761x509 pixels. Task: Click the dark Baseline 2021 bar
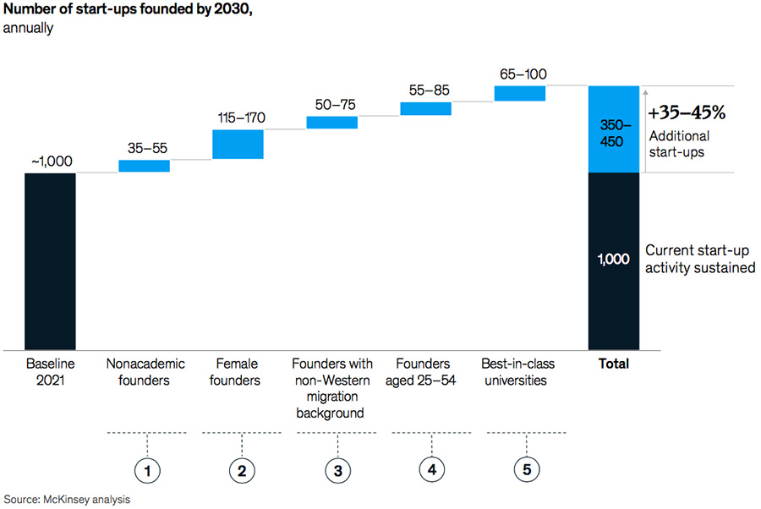coord(50,260)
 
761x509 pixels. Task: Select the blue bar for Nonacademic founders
coord(144,166)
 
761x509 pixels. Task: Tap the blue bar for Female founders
coord(238,144)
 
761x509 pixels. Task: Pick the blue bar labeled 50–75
coord(331,123)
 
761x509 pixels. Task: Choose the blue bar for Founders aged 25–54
coord(425,108)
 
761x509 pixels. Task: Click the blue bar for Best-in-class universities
coord(520,93)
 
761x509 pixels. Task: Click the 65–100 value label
coord(523,74)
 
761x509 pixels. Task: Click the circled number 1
coord(148,468)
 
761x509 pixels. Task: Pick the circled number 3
coord(337,468)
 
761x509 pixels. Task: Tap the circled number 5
coord(525,468)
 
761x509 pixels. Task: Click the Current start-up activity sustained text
coord(699,260)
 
